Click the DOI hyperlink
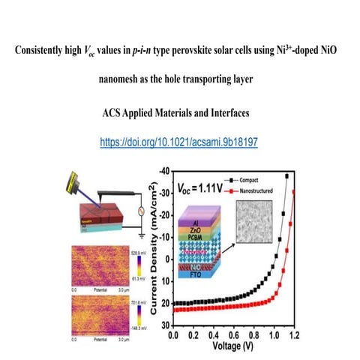point(179,141)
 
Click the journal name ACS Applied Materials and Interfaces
point(179,118)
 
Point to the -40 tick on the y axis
point(163,175)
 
